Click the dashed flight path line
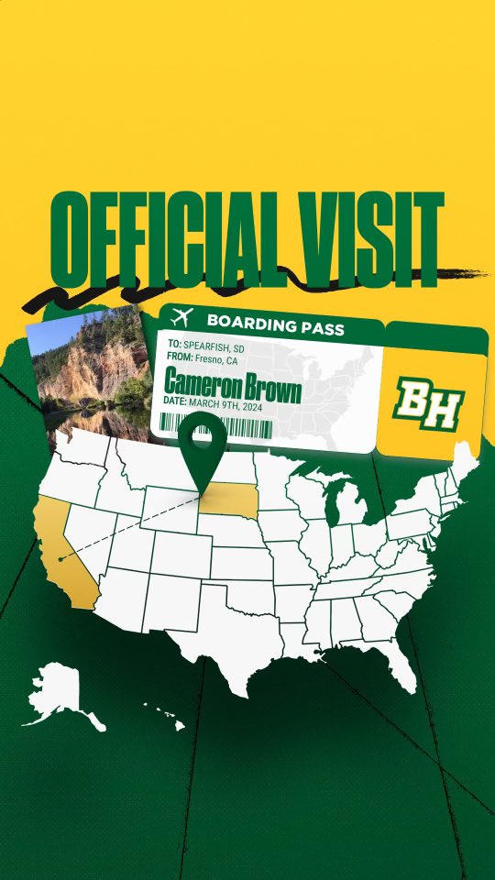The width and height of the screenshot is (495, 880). click(128, 527)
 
